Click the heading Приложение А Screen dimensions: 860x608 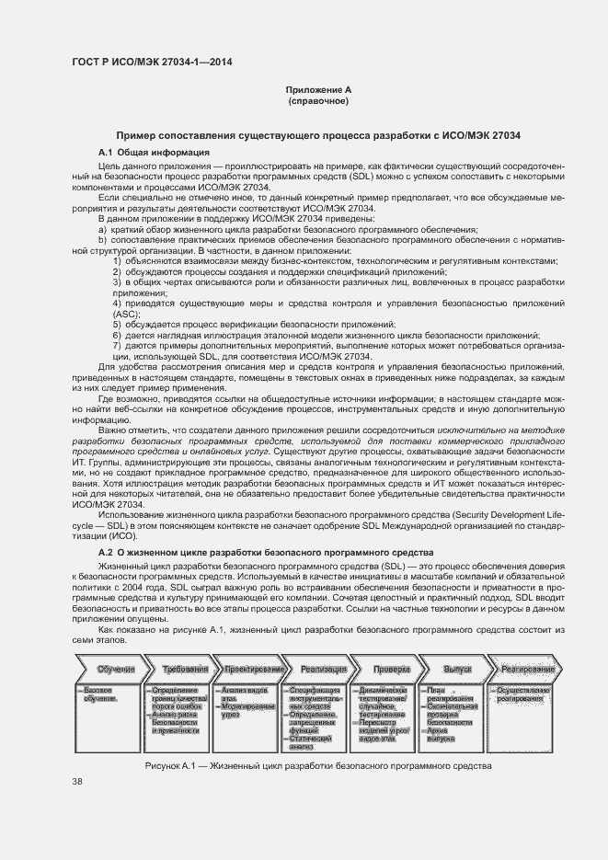coord(318,90)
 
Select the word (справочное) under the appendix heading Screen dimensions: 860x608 coord(318,101)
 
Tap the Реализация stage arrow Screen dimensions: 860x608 coord(323,669)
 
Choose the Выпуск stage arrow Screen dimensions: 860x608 coord(457,669)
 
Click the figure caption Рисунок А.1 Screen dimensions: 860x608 coord(317,741)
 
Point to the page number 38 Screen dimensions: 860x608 coord(77,782)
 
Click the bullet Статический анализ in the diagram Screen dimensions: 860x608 coord(315,717)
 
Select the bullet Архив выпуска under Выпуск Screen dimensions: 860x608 coord(446,709)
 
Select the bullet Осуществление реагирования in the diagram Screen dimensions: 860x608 coord(522,694)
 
